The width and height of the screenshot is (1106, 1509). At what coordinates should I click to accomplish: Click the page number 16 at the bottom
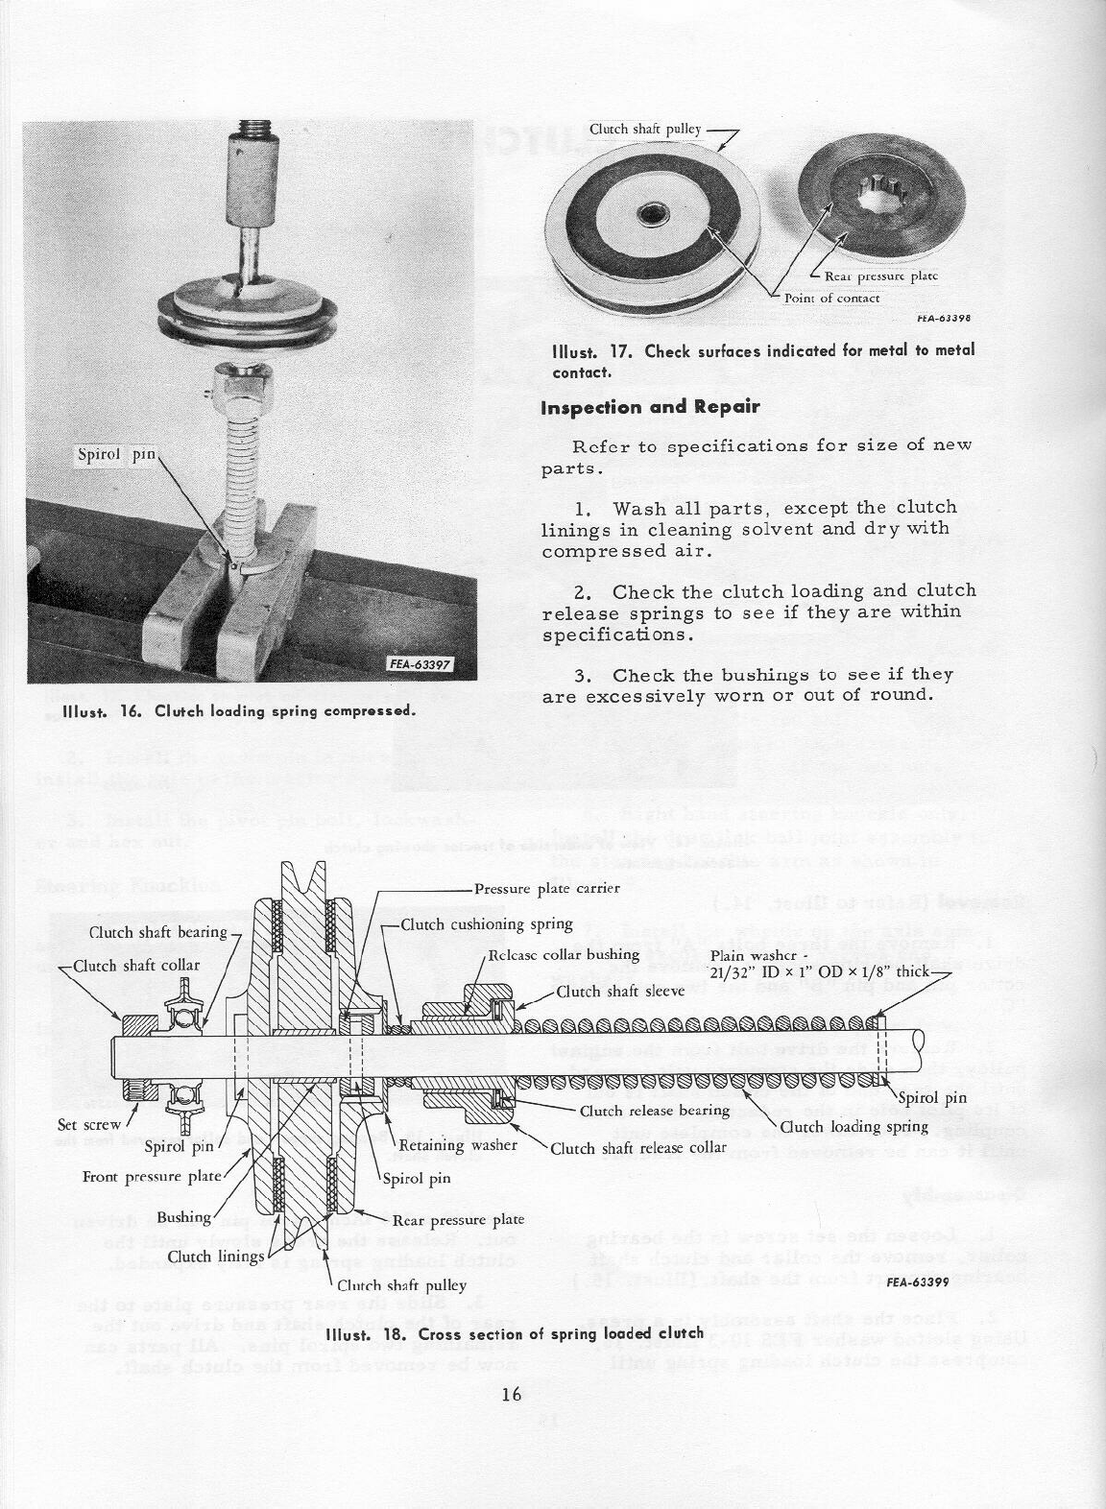pyautogui.click(x=511, y=1394)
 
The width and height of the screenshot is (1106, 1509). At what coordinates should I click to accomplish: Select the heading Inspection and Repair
pyautogui.click(x=650, y=407)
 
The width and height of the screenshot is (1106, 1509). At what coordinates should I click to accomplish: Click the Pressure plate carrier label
pyautogui.click(x=547, y=889)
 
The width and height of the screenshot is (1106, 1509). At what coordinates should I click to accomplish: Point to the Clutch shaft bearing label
pyautogui.click(x=158, y=932)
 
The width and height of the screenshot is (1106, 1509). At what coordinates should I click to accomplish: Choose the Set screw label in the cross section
pyautogui.click(x=89, y=1124)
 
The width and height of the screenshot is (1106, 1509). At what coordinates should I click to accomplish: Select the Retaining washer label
pyautogui.click(x=458, y=1144)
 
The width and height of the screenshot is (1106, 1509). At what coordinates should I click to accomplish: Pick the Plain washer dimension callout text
pyautogui.click(x=822, y=964)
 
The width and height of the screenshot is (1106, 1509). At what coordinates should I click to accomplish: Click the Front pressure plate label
pyautogui.click(x=153, y=1176)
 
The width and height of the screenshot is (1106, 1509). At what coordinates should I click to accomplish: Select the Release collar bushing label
pyautogui.click(x=564, y=954)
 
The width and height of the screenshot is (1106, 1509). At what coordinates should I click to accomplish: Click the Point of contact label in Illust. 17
pyautogui.click(x=831, y=298)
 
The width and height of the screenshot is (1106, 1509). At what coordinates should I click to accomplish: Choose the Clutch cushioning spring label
pyautogui.click(x=487, y=924)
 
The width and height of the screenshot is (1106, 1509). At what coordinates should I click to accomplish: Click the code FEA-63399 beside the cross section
pyautogui.click(x=918, y=1281)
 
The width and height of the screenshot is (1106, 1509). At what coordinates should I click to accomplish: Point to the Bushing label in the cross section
pyautogui.click(x=184, y=1217)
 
